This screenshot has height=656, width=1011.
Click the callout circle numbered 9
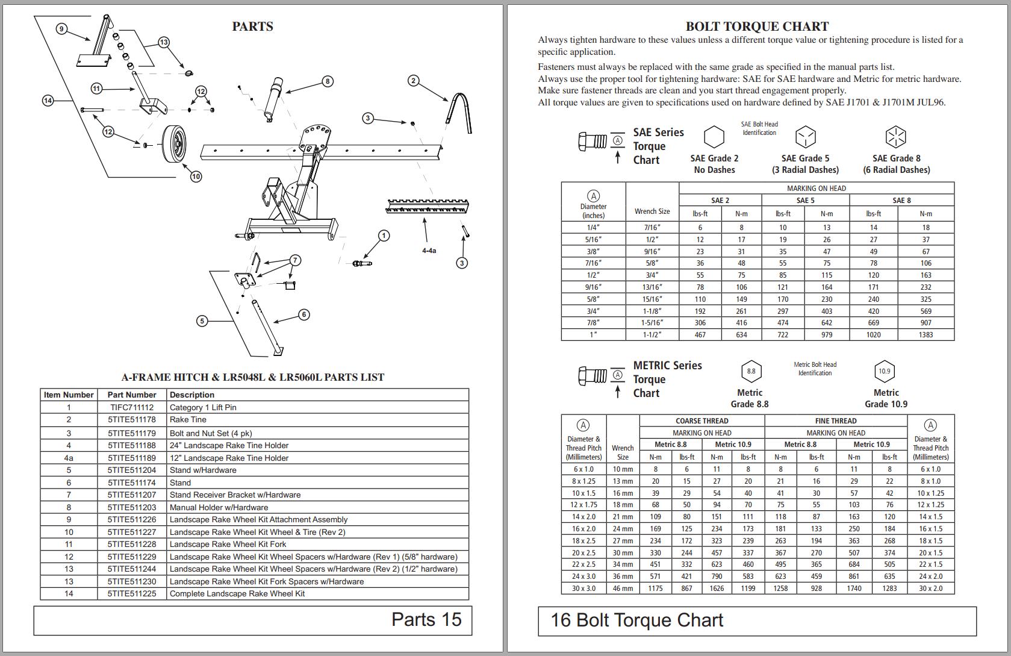point(61,29)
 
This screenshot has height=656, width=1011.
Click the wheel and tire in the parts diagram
point(174,145)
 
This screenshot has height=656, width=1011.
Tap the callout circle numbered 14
point(48,101)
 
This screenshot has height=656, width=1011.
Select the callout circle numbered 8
point(328,81)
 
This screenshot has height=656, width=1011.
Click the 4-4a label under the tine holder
point(429,251)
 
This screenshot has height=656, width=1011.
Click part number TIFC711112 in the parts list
point(131,407)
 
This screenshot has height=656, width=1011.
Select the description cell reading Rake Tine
point(188,420)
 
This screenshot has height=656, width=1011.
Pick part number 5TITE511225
point(131,594)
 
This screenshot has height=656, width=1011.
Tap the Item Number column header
point(69,395)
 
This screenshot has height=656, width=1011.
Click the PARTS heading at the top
point(252,27)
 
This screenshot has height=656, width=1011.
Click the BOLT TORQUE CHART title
point(757,27)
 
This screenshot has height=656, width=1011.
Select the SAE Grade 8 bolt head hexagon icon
point(895,137)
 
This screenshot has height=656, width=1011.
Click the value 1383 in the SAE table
point(925,335)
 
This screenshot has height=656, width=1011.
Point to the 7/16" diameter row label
point(593,263)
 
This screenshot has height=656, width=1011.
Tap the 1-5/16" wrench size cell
point(652,323)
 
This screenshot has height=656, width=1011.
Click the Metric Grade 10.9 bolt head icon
point(884,371)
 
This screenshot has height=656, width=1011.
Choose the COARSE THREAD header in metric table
point(701,421)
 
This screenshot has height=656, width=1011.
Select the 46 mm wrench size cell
point(623,589)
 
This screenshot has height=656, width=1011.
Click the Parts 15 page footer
point(426,620)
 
